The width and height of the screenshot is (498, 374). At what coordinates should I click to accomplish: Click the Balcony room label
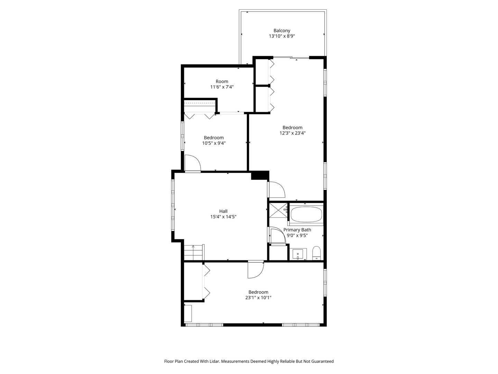click(282, 30)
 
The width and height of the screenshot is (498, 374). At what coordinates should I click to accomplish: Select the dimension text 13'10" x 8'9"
click(282, 36)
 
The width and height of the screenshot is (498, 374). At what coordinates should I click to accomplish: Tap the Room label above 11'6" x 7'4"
click(222, 81)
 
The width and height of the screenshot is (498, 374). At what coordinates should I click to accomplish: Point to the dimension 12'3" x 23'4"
click(292, 133)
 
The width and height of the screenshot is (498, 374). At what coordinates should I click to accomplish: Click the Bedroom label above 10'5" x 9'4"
click(213, 137)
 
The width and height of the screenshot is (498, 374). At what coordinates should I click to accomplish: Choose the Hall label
click(223, 211)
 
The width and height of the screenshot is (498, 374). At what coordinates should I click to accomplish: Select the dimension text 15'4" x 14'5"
click(223, 217)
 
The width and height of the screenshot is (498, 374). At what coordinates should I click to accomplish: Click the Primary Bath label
click(297, 230)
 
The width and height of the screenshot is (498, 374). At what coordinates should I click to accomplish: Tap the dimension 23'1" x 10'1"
click(258, 297)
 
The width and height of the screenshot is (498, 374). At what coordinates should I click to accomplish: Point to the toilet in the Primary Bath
click(316, 253)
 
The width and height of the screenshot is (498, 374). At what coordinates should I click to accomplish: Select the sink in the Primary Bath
click(298, 254)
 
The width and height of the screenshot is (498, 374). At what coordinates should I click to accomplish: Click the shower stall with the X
click(278, 210)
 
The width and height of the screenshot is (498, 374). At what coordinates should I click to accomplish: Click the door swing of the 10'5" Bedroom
click(192, 163)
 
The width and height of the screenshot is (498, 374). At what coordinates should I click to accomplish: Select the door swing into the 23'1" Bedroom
click(256, 269)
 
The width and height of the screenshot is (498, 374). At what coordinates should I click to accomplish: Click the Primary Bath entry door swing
click(278, 235)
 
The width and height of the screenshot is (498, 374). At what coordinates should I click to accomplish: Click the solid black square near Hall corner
click(260, 175)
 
